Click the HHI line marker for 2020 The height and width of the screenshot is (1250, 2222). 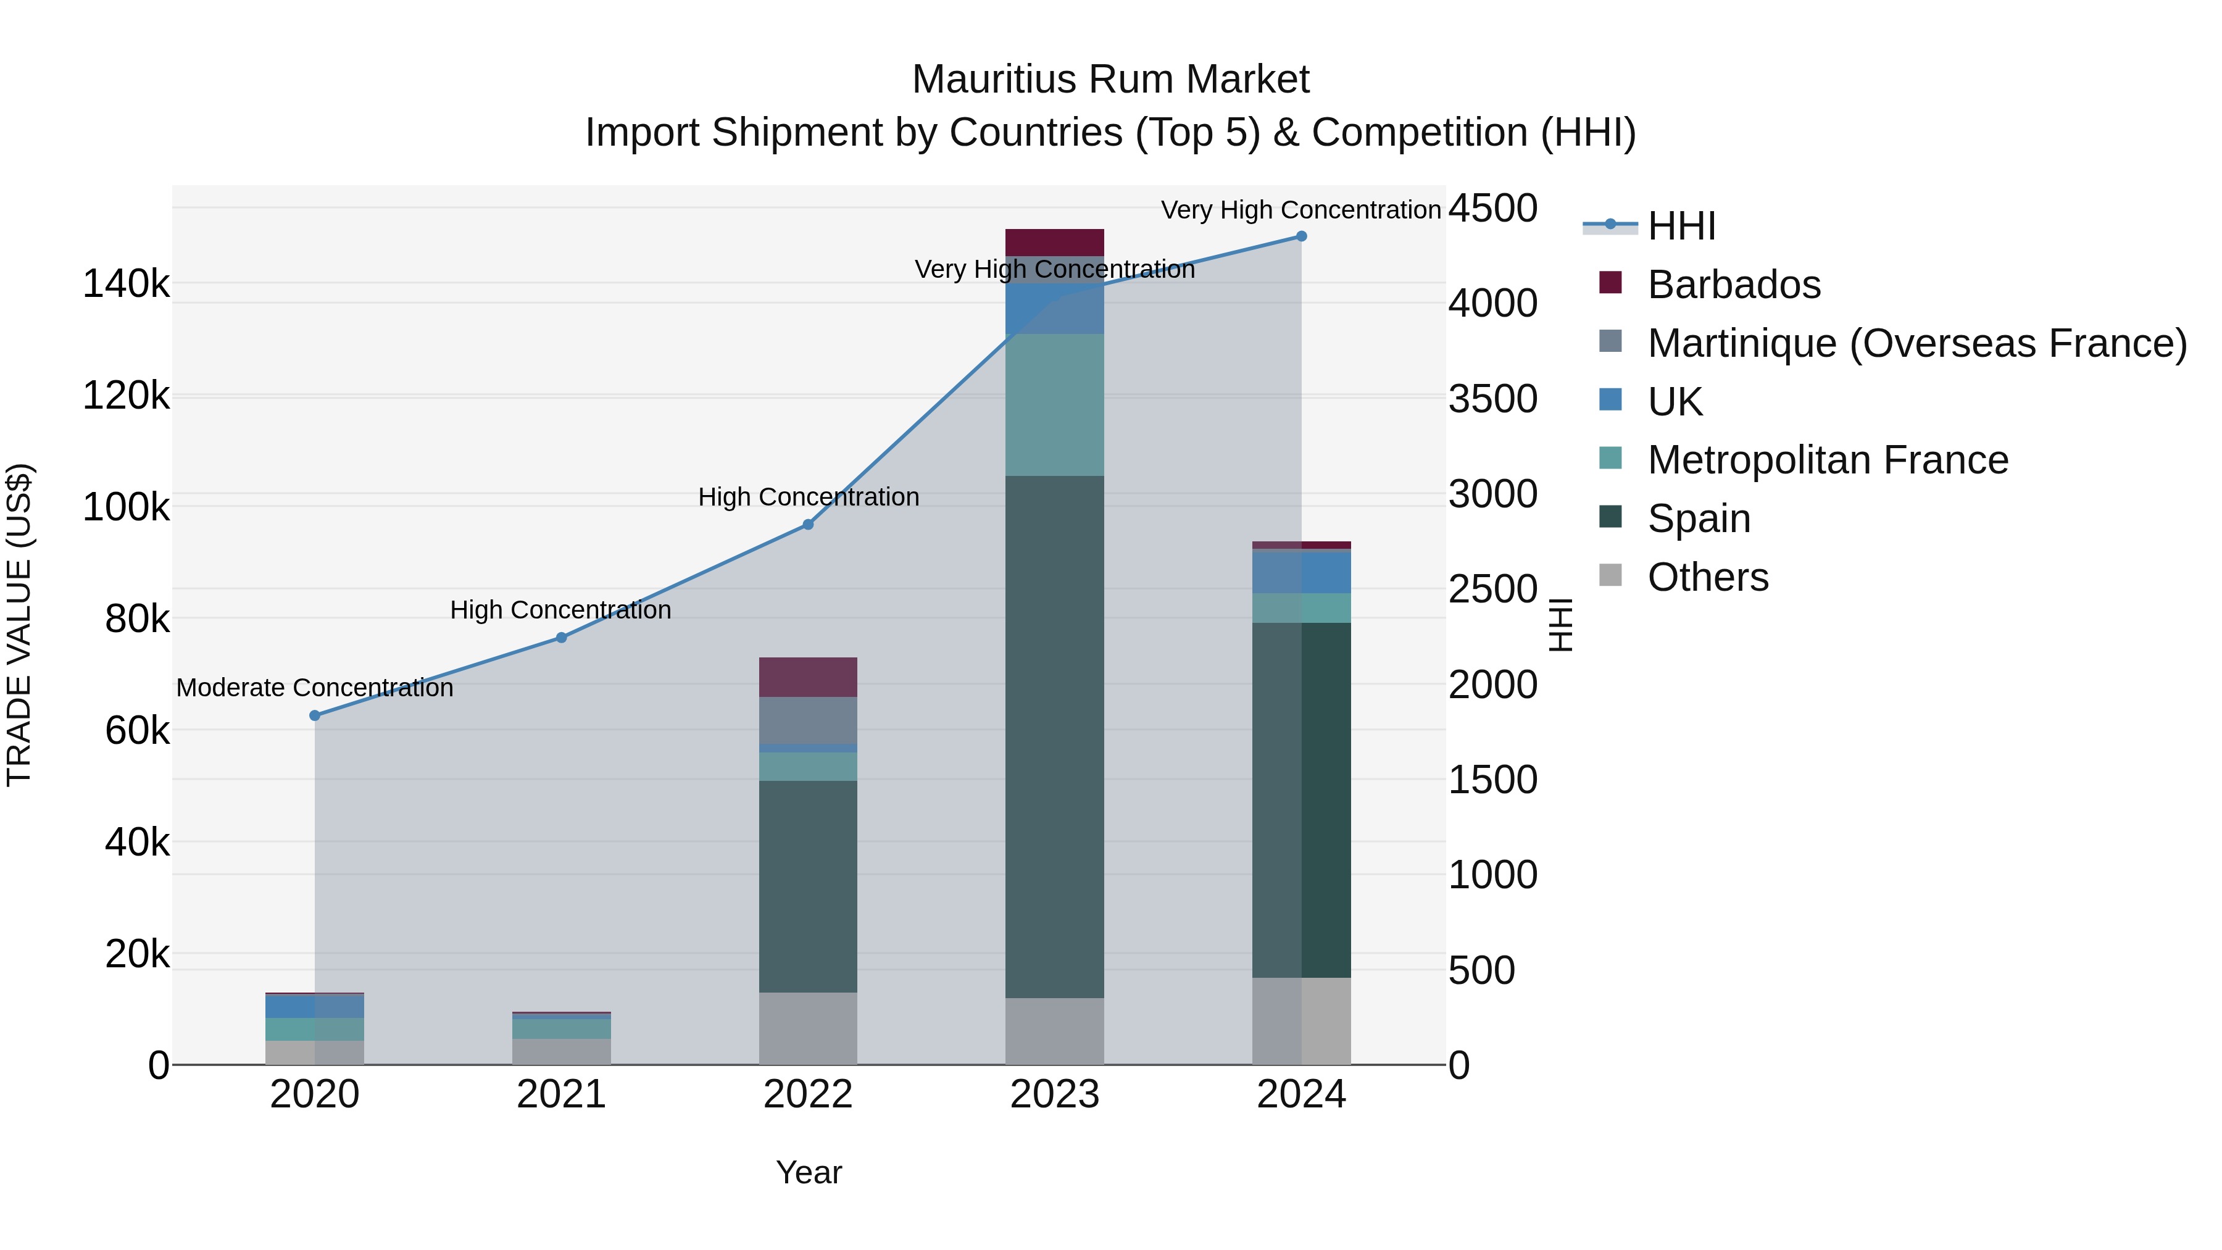tap(315, 715)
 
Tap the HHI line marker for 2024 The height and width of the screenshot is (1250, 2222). tap(1302, 236)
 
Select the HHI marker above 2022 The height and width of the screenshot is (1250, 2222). tap(808, 525)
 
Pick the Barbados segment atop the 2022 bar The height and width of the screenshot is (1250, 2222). tap(808, 677)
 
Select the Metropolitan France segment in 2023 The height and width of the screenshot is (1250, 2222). tap(1054, 404)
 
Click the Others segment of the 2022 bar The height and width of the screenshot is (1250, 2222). tap(808, 1028)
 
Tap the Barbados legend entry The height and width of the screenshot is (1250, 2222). tap(1734, 285)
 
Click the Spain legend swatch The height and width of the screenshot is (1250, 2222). tap(1610, 518)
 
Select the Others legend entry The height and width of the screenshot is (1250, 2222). tap(1708, 577)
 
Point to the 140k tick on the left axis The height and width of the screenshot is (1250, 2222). tap(126, 284)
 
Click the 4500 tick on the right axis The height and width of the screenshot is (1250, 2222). tap(1492, 209)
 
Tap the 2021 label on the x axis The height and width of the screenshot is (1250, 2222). tap(562, 1094)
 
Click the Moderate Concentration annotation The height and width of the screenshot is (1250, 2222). tap(315, 688)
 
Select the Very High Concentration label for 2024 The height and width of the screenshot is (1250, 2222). tap(1300, 210)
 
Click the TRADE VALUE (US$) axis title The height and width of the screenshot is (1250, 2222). tap(20, 625)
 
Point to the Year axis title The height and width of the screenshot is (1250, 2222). tap(808, 1172)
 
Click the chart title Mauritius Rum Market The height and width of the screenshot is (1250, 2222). tap(1110, 80)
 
